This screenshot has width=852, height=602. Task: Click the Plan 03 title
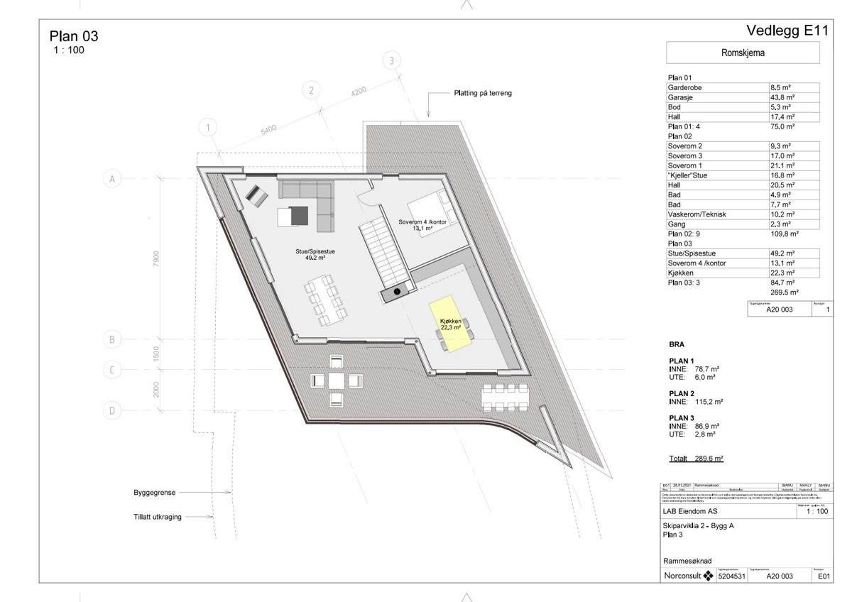coord(74,37)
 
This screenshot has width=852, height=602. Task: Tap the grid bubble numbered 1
coord(207,128)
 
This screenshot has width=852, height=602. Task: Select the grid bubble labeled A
coord(111,179)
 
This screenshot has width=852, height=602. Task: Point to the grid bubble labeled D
coord(111,410)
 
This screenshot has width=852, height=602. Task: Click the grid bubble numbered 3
coord(390,61)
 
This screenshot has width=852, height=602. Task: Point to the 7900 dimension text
coord(158,259)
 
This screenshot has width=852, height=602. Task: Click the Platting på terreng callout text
coord(483,93)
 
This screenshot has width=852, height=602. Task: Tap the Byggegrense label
coord(154,492)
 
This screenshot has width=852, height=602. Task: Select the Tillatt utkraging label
coord(157,517)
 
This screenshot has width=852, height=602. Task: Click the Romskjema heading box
coord(743,53)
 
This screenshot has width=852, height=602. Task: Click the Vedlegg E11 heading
coord(787,31)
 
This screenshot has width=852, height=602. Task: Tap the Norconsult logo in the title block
coord(688,576)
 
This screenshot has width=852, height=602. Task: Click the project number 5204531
coord(733,577)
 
